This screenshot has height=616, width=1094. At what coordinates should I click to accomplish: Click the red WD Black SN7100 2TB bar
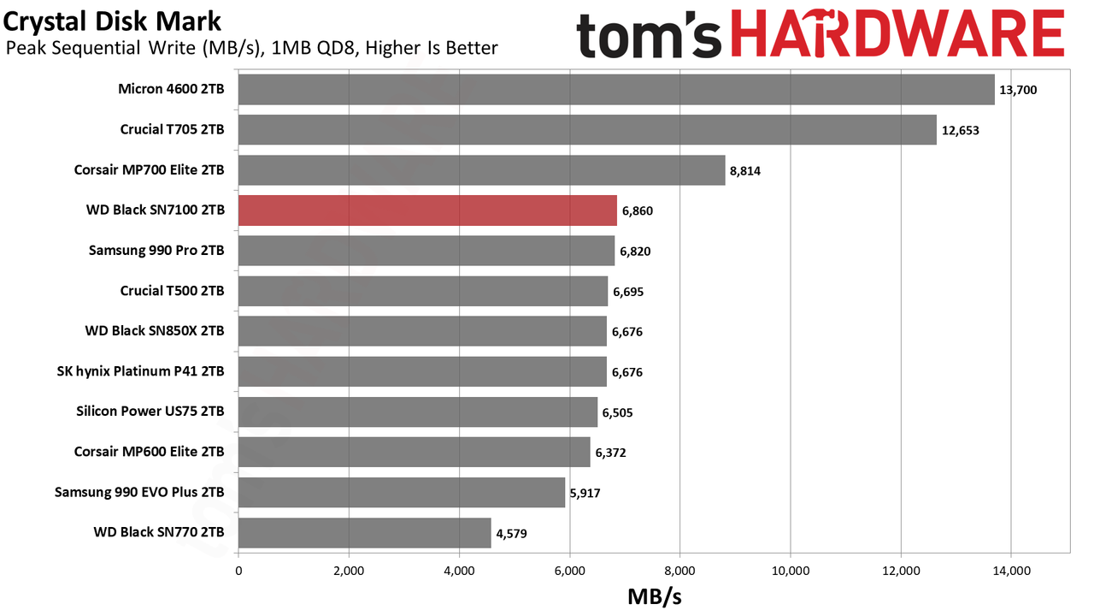(x=427, y=210)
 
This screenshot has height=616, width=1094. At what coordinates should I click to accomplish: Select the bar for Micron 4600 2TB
(x=616, y=90)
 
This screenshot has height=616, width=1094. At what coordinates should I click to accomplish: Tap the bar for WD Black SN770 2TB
(x=364, y=533)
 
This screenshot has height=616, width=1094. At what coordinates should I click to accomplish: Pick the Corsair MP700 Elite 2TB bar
(x=481, y=170)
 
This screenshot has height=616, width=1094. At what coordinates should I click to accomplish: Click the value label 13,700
(x=1018, y=90)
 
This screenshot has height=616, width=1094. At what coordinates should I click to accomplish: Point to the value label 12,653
(x=960, y=131)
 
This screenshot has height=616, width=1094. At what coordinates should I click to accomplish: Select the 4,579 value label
(x=511, y=533)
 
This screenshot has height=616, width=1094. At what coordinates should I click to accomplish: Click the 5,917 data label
(x=585, y=493)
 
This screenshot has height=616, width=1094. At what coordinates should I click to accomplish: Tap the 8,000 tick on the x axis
(x=679, y=571)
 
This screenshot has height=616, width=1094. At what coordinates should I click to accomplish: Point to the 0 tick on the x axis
(x=238, y=571)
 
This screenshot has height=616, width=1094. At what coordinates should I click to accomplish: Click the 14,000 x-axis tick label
(x=1011, y=571)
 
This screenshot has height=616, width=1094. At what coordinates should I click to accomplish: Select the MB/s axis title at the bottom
(x=655, y=596)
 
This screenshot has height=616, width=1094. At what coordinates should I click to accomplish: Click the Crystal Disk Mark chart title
(x=112, y=22)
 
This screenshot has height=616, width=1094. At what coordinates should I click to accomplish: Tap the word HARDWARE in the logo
(x=897, y=34)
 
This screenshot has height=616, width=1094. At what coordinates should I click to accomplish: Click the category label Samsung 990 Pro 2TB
(x=156, y=251)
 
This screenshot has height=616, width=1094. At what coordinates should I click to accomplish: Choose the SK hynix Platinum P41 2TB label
(x=141, y=371)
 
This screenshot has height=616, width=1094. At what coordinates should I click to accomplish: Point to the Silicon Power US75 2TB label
(x=150, y=412)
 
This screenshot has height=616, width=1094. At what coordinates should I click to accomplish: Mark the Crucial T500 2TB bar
(x=423, y=291)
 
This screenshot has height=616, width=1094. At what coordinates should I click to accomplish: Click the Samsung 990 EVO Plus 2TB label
(x=139, y=492)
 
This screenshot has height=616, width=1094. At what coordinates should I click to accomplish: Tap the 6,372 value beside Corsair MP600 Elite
(x=610, y=453)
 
